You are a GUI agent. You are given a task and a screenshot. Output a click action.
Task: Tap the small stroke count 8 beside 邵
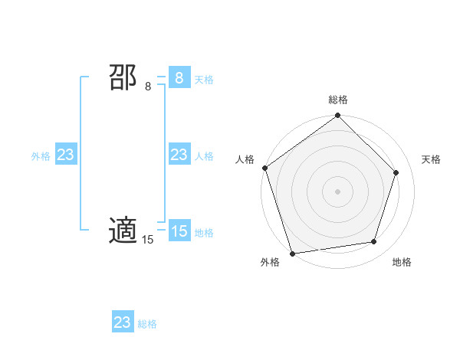(x=148, y=87)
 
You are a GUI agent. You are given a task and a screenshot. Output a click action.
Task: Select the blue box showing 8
(x=179, y=77)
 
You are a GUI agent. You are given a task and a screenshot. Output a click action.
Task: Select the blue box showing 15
(x=179, y=231)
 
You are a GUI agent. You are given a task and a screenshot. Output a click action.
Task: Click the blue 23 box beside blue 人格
(x=179, y=155)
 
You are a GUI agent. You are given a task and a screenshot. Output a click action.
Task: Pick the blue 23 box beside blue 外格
(x=65, y=155)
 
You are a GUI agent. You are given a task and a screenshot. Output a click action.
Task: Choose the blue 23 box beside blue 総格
(x=123, y=322)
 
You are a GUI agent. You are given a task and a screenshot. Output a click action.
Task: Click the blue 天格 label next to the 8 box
(x=204, y=79)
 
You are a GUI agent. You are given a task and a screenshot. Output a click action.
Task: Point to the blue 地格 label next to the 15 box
(x=204, y=232)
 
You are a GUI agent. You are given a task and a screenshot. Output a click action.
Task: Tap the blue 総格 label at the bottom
(x=147, y=324)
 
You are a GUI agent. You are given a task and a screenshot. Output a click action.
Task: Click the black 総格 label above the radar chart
(x=338, y=100)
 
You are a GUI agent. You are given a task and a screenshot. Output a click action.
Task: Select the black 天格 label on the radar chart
(x=431, y=159)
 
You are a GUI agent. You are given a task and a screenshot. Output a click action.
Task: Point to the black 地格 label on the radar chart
(x=402, y=262)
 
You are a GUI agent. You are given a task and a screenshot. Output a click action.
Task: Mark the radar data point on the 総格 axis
(x=338, y=116)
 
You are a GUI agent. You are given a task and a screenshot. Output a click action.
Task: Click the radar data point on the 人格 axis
(x=265, y=168)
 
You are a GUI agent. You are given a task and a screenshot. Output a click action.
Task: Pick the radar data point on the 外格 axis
(x=293, y=253)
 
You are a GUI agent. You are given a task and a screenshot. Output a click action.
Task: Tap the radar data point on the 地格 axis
(x=374, y=241)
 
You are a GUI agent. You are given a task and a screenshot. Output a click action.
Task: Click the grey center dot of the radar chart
(x=338, y=191)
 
